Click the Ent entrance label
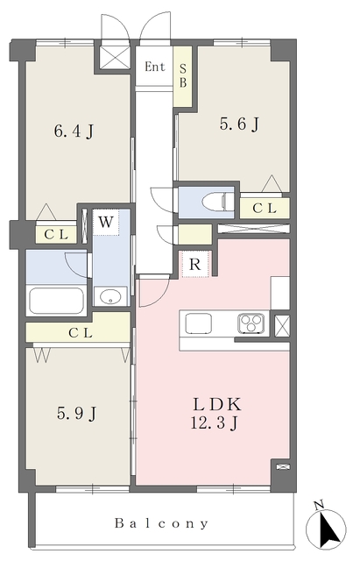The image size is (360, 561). [x=154, y=67]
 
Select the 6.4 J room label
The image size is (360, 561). [x=74, y=133]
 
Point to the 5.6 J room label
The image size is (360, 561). [x=238, y=124]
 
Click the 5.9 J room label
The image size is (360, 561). [x=75, y=411]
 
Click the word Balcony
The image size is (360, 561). [x=162, y=524]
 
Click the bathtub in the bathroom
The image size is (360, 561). [x=56, y=301]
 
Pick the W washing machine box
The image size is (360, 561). [x=105, y=222]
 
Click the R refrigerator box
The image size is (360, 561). [x=196, y=263]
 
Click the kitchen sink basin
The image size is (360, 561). [x=196, y=323]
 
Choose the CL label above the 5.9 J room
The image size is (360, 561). [x=80, y=332]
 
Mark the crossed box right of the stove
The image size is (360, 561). [x=282, y=325]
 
